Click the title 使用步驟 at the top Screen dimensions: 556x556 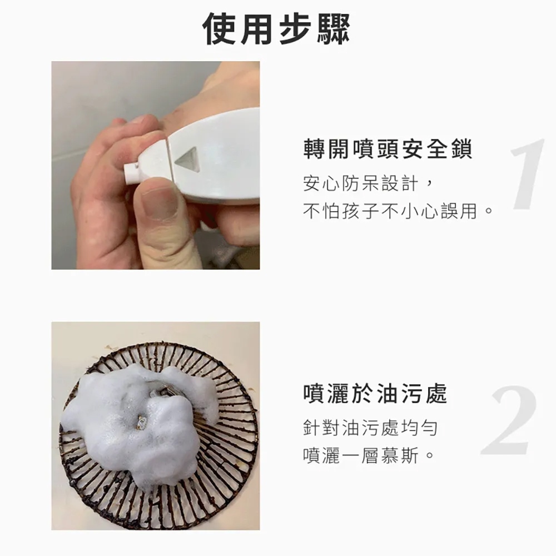tap(276, 28)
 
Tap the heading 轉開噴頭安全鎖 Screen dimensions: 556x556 tap(388, 149)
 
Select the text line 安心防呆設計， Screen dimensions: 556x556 tap(368, 183)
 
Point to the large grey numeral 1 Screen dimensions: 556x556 tap(527, 174)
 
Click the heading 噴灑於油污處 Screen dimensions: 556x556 tap(375, 394)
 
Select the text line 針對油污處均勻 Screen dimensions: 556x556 tap(370, 428)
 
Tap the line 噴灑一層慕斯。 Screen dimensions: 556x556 tap(369, 455)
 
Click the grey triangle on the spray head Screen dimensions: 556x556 tap(187, 158)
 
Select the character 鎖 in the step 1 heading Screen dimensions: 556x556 tap(461, 149)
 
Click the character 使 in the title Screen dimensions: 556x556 tap(219, 28)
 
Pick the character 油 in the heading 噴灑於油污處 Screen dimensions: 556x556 tap(388, 394)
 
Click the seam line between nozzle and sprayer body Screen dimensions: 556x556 tap(169, 158)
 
